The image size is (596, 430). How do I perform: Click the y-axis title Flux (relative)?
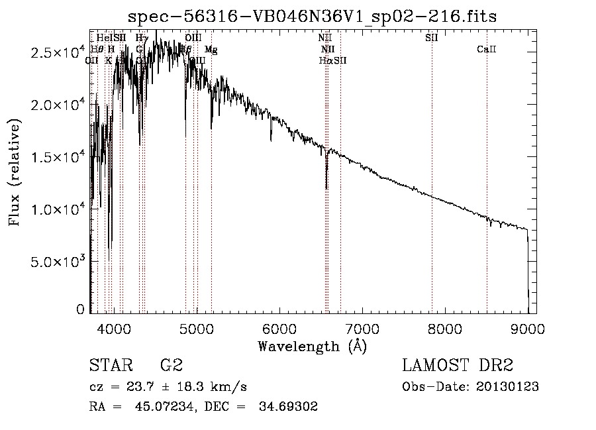click(15, 172)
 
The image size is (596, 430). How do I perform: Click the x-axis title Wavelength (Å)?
click(312, 346)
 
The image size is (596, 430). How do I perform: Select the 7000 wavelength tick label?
click(362, 328)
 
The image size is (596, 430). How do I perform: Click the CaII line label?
click(487, 50)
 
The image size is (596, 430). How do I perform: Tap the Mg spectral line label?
click(211, 50)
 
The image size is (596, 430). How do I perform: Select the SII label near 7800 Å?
click(431, 38)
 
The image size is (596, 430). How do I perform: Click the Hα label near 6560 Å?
click(325, 61)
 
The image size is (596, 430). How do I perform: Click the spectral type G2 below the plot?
click(172, 366)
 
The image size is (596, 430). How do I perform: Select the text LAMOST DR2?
click(458, 366)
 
